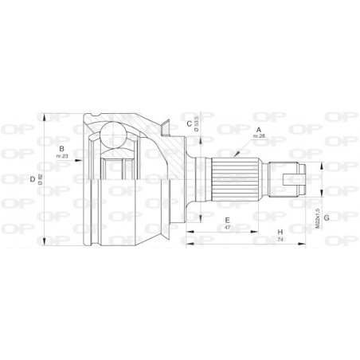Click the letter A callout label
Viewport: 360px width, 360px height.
(257, 130)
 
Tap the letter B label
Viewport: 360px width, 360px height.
(61, 149)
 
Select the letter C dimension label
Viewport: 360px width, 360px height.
(189, 123)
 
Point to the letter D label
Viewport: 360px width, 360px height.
(33, 179)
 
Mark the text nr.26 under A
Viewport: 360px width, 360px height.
(258, 137)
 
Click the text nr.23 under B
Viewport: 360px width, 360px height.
(61, 157)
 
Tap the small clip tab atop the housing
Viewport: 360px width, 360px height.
(166, 123)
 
